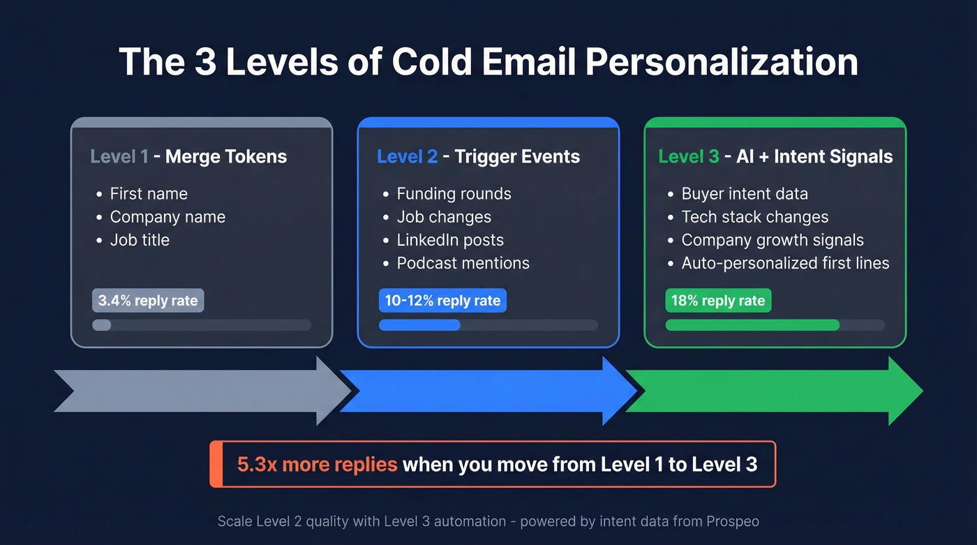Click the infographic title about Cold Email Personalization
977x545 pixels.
pyautogui.click(x=488, y=61)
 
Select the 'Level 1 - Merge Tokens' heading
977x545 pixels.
pyautogui.click(x=188, y=156)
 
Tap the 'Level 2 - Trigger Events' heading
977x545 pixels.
pyautogui.click(x=478, y=156)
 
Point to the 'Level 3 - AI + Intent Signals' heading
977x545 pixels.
pyautogui.click(x=775, y=156)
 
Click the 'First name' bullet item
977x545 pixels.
pyautogui.click(x=149, y=194)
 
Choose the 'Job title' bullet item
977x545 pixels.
pyautogui.click(x=140, y=240)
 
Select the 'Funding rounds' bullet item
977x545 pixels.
pyautogui.click(x=454, y=194)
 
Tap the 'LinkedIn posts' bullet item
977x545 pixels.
pyautogui.click(x=450, y=240)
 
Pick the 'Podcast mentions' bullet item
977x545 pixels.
pyautogui.click(x=463, y=263)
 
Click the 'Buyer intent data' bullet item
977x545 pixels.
pyautogui.click(x=745, y=194)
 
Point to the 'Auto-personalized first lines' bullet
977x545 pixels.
pyautogui.click(x=785, y=263)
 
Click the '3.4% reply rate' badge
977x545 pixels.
pyautogui.click(x=148, y=301)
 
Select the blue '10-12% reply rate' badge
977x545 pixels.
pyautogui.click(x=442, y=301)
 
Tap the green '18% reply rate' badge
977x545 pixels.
pyautogui.click(x=718, y=301)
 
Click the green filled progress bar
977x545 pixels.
pyautogui.click(x=752, y=325)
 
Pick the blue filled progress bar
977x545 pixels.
pyautogui.click(x=419, y=325)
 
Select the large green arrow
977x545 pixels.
pyautogui.click(x=775, y=391)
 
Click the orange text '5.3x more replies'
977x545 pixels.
pyautogui.click(x=318, y=465)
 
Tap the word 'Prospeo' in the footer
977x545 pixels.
pyautogui.click(x=732, y=521)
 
